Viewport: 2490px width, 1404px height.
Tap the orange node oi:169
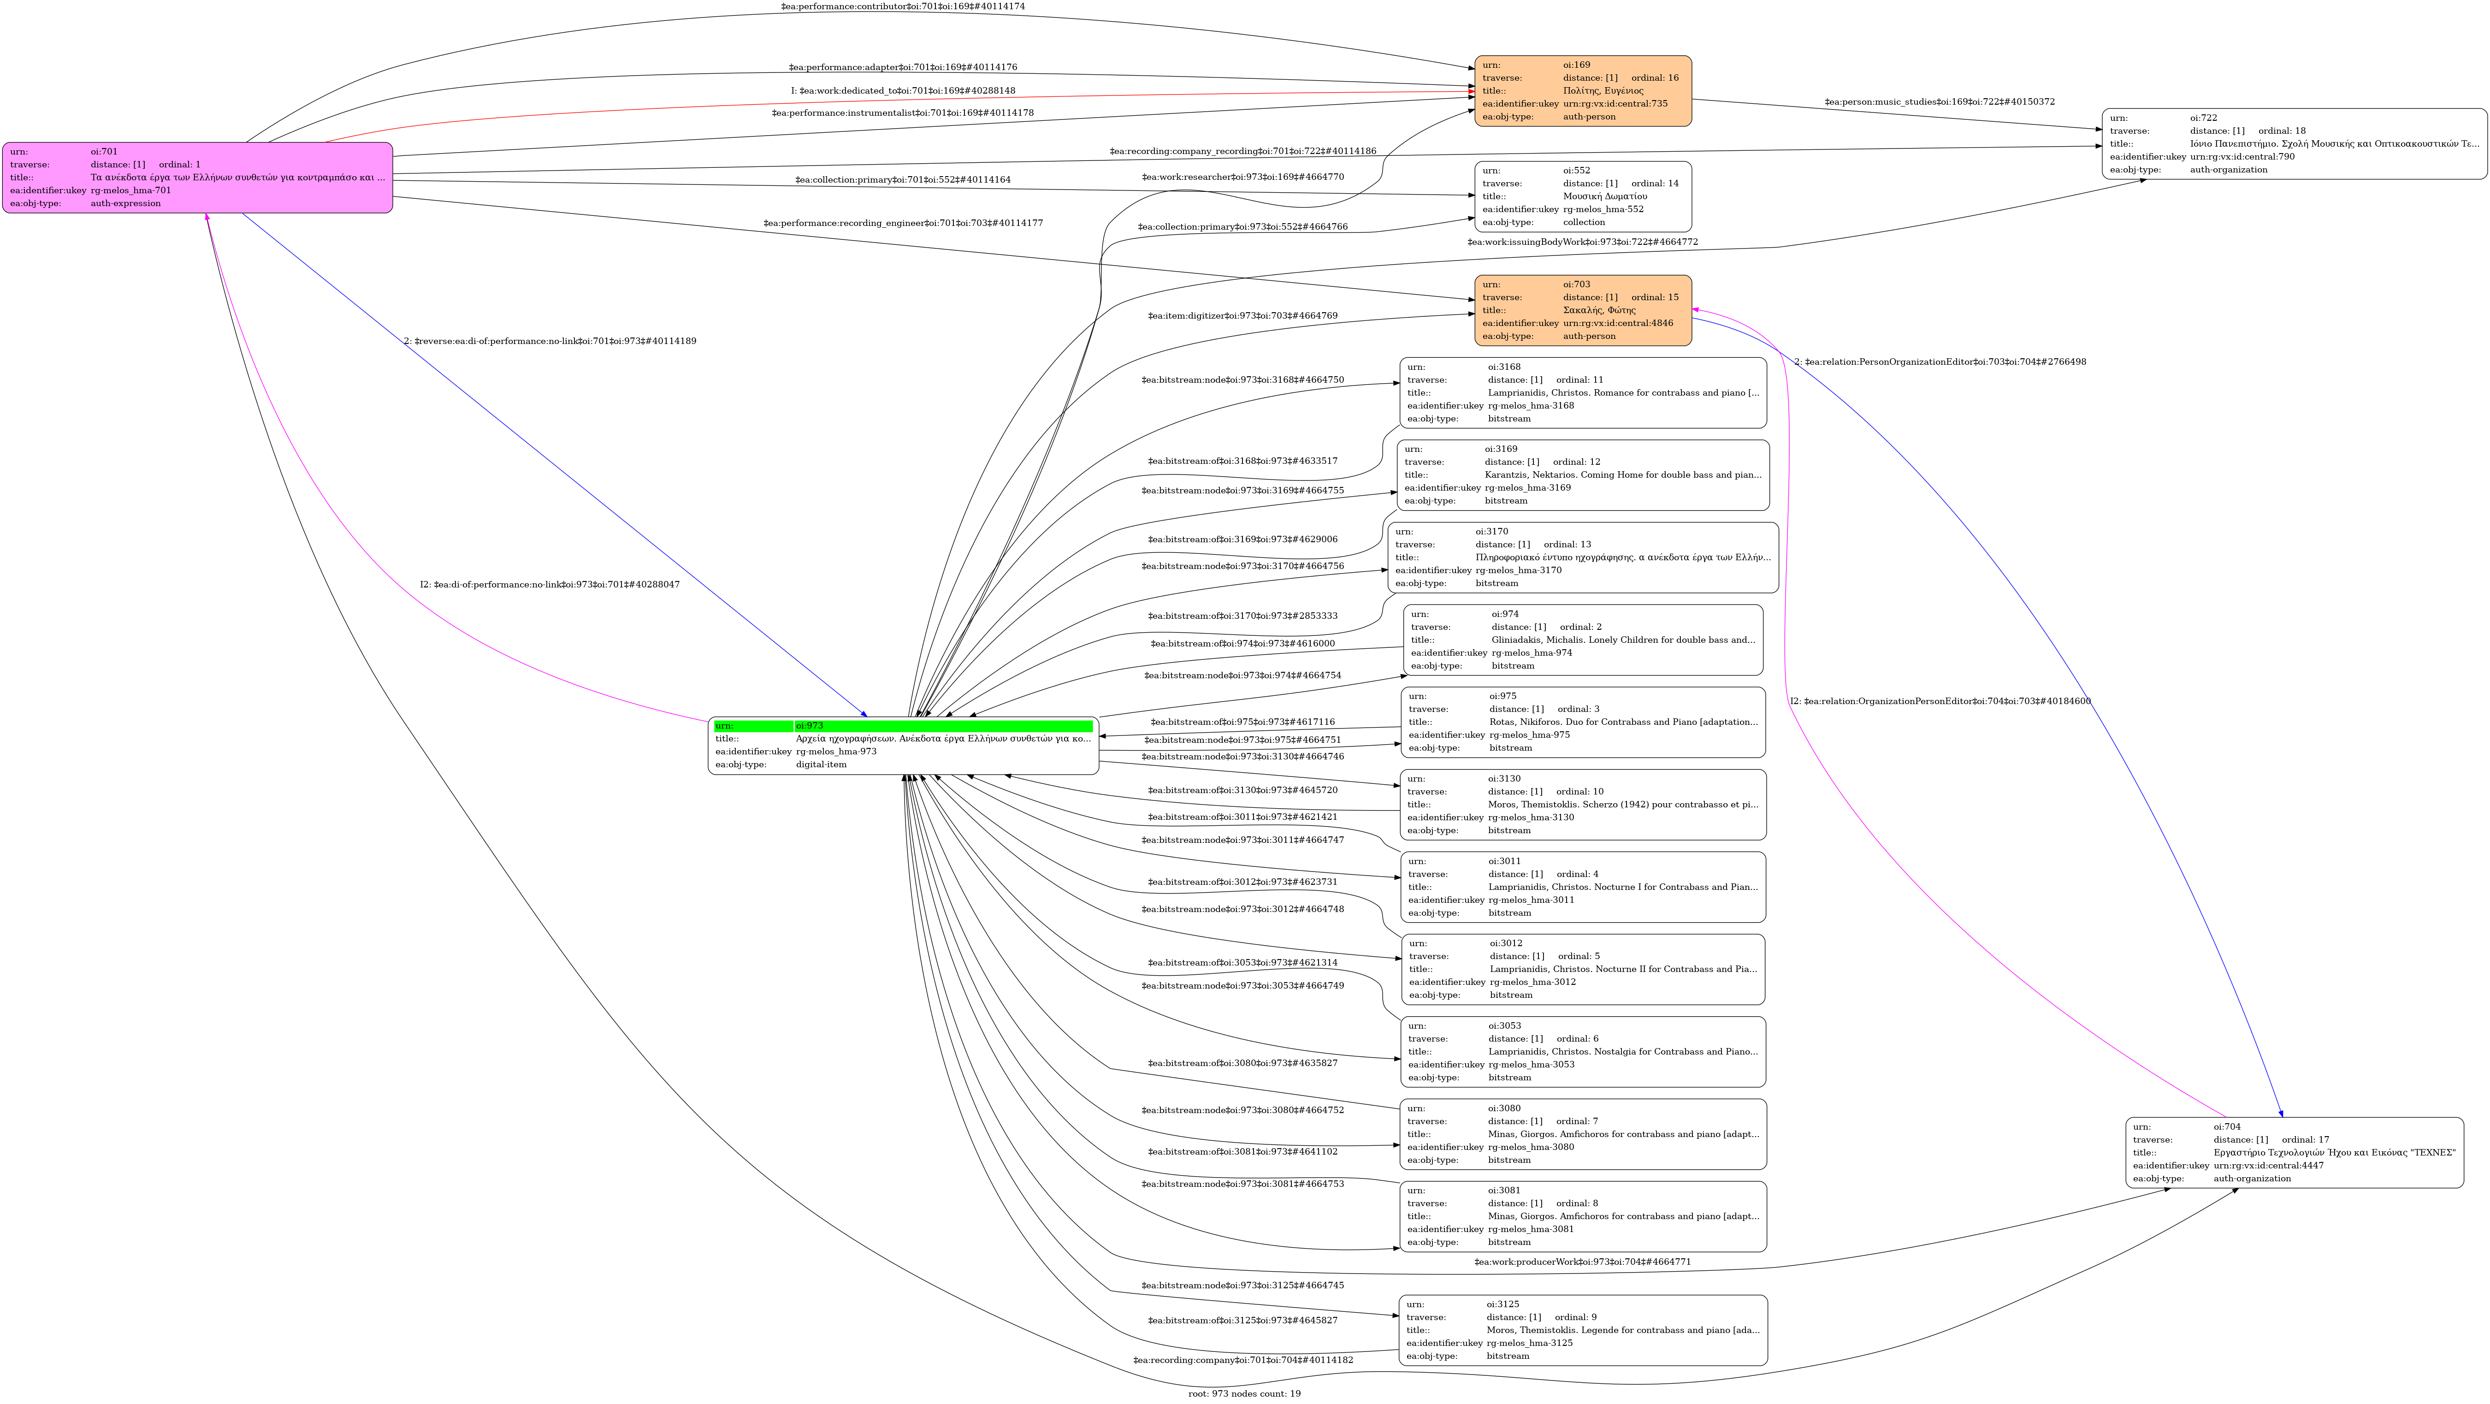click(x=1582, y=91)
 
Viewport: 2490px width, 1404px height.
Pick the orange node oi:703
click(x=1582, y=310)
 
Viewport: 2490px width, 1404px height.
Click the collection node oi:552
click(x=1582, y=196)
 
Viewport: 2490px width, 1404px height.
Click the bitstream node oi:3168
click(x=1582, y=392)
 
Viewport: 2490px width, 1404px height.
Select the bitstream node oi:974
click(x=1582, y=640)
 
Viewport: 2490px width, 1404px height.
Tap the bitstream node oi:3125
click(x=1582, y=1331)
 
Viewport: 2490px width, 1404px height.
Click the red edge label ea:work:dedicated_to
click(x=903, y=91)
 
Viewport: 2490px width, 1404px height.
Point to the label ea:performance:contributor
click(x=903, y=7)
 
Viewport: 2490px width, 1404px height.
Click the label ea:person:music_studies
click(x=1939, y=101)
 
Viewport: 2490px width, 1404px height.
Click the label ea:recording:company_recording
click(x=1242, y=152)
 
